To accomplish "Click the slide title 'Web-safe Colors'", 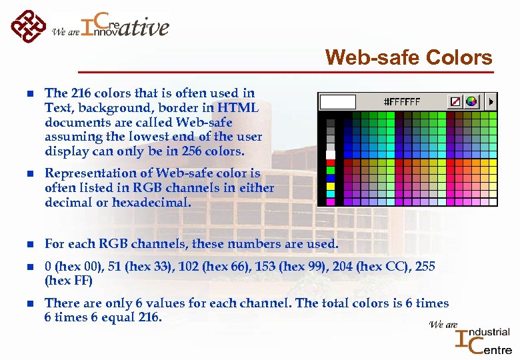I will pyautogui.click(x=409, y=58).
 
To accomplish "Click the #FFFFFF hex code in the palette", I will pyautogui.click(x=402, y=102).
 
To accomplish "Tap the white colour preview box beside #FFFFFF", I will pyautogui.click(x=338, y=102).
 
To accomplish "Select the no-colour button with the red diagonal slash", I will pyautogui.click(x=455, y=102).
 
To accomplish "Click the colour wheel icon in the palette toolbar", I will pyautogui.click(x=472, y=102).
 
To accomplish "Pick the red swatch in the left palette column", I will pyautogui.click(x=331, y=162).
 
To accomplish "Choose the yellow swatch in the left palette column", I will pyautogui.click(x=331, y=186).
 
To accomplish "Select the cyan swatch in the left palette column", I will pyautogui.click(x=331, y=194).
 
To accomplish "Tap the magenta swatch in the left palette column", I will pyautogui.click(x=331, y=201).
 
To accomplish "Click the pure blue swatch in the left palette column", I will pyautogui.click(x=331, y=178).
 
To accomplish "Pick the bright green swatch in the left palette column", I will pyautogui.click(x=331, y=170).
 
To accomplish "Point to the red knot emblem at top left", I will pyautogui.click(x=29, y=26).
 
